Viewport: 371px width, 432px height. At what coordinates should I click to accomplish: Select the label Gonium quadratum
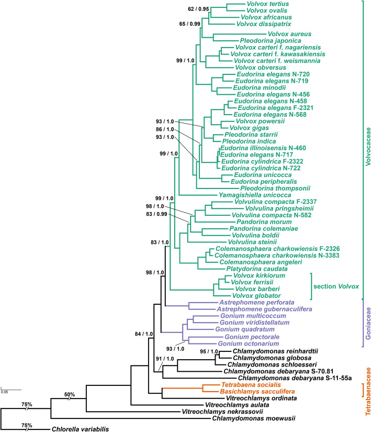click(239, 330)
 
